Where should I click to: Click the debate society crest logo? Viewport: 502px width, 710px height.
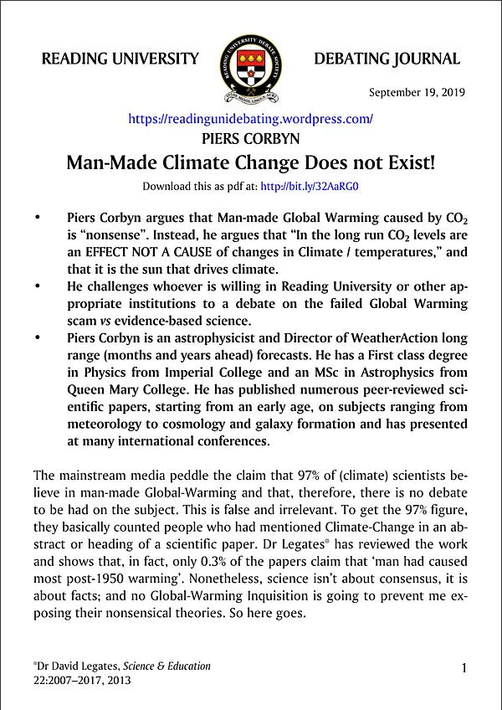[251, 60]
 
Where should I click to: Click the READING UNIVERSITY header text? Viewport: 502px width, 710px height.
[120, 59]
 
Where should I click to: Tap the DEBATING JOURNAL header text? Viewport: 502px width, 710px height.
[387, 59]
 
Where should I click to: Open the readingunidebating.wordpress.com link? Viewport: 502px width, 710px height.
[250, 119]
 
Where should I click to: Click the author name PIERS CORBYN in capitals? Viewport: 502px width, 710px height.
[251, 138]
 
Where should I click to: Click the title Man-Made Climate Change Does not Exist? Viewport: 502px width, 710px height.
[250, 162]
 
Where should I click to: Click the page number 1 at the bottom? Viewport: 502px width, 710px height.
[464, 667]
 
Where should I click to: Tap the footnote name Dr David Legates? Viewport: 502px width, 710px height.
[79, 666]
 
